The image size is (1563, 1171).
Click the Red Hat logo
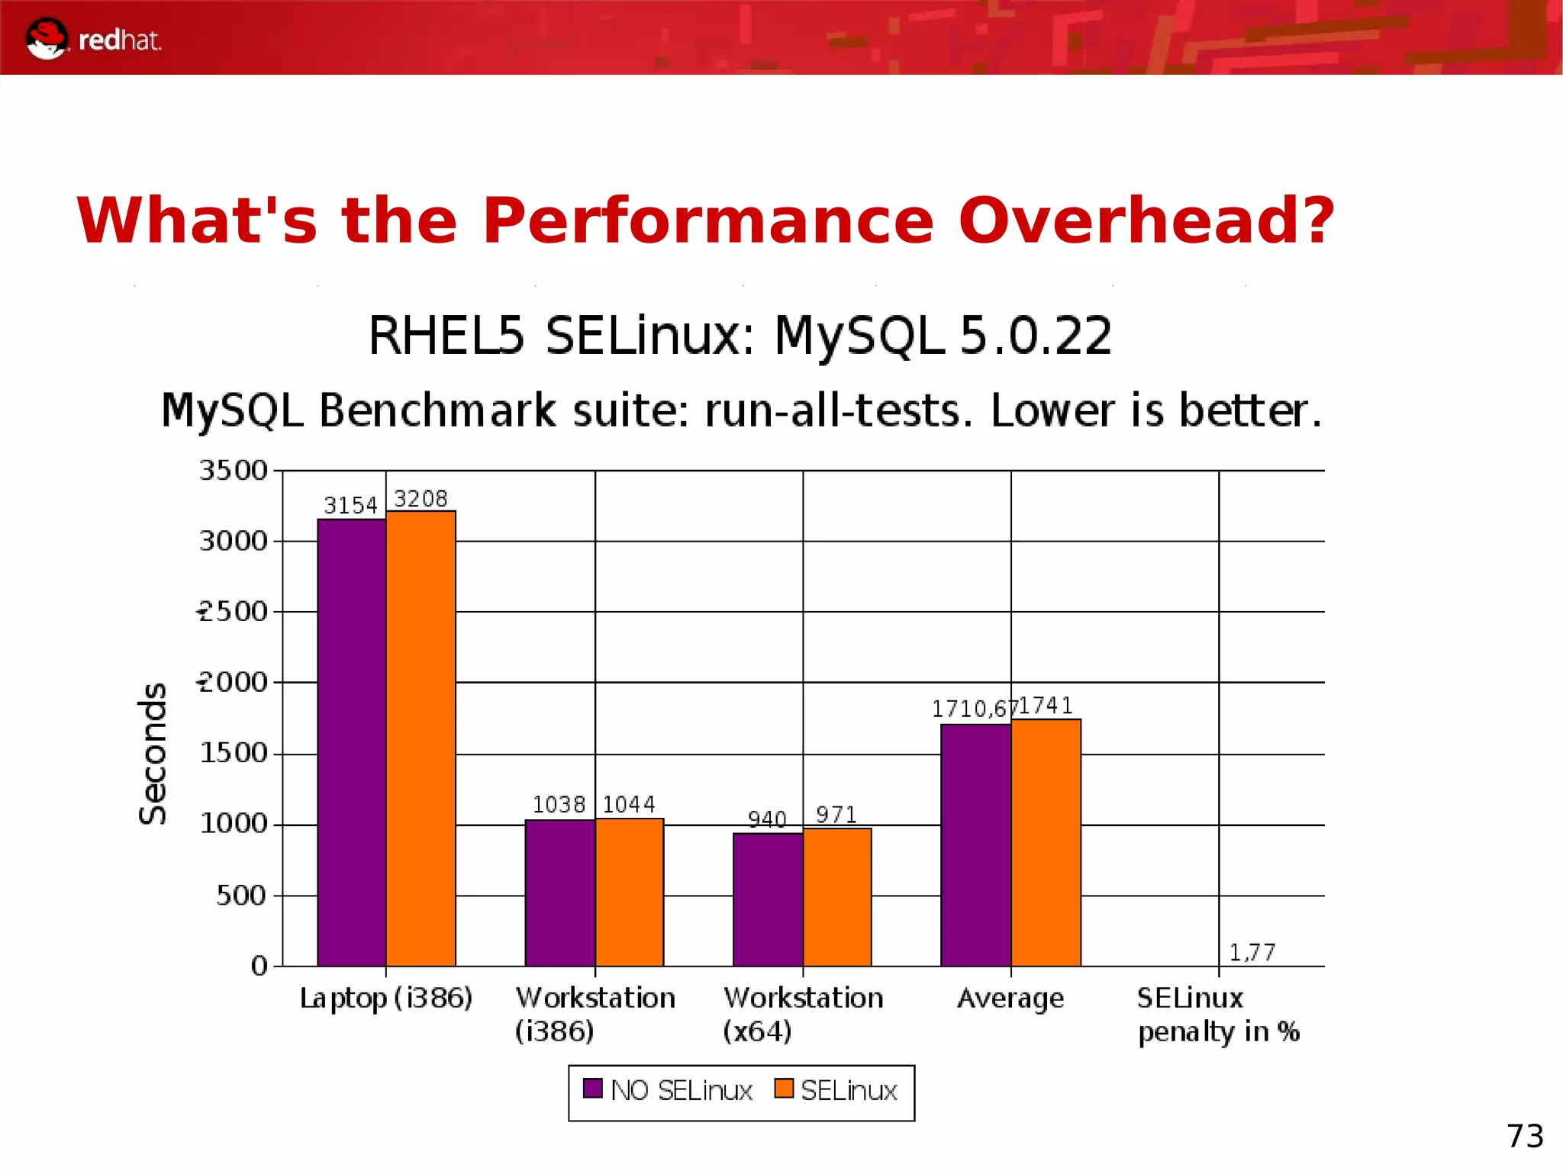[x=93, y=39]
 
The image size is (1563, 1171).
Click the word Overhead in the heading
[x=1146, y=221]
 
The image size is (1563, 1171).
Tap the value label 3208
[x=421, y=499]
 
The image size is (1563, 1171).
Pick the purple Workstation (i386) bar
[x=559, y=893]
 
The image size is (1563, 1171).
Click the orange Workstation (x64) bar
[x=837, y=897]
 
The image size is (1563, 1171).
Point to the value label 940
[x=767, y=819]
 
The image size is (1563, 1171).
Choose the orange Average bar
[x=1046, y=842]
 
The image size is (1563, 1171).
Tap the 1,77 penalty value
[x=1252, y=952]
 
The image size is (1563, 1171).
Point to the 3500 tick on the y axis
[x=234, y=471]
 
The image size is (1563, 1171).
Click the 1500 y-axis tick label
[x=234, y=754]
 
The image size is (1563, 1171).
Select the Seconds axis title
[x=153, y=753]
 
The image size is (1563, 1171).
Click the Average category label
[x=1010, y=998]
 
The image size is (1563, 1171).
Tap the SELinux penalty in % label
[x=1218, y=1015]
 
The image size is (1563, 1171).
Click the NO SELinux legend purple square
[x=592, y=1089]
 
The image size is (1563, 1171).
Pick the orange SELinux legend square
[x=783, y=1089]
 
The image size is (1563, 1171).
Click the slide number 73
[x=1524, y=1136]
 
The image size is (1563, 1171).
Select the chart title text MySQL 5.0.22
[x=943, y=336]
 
